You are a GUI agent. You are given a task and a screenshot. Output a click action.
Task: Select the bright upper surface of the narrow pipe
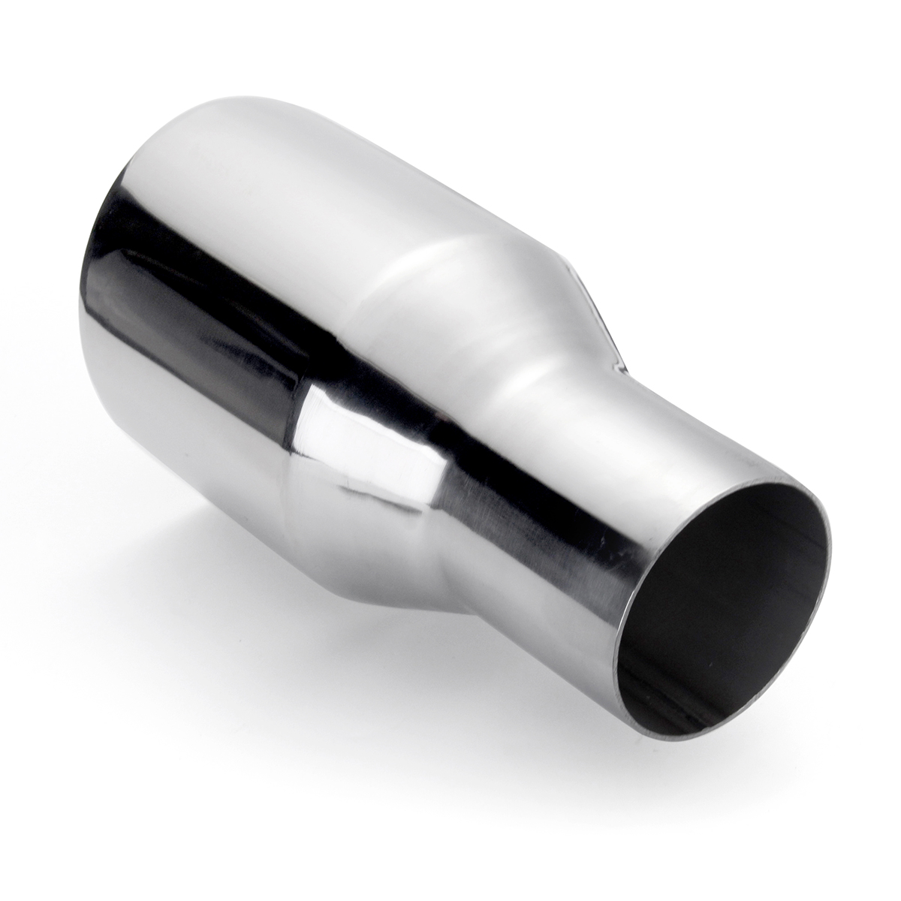pyautogui.click(x=676, y=420)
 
